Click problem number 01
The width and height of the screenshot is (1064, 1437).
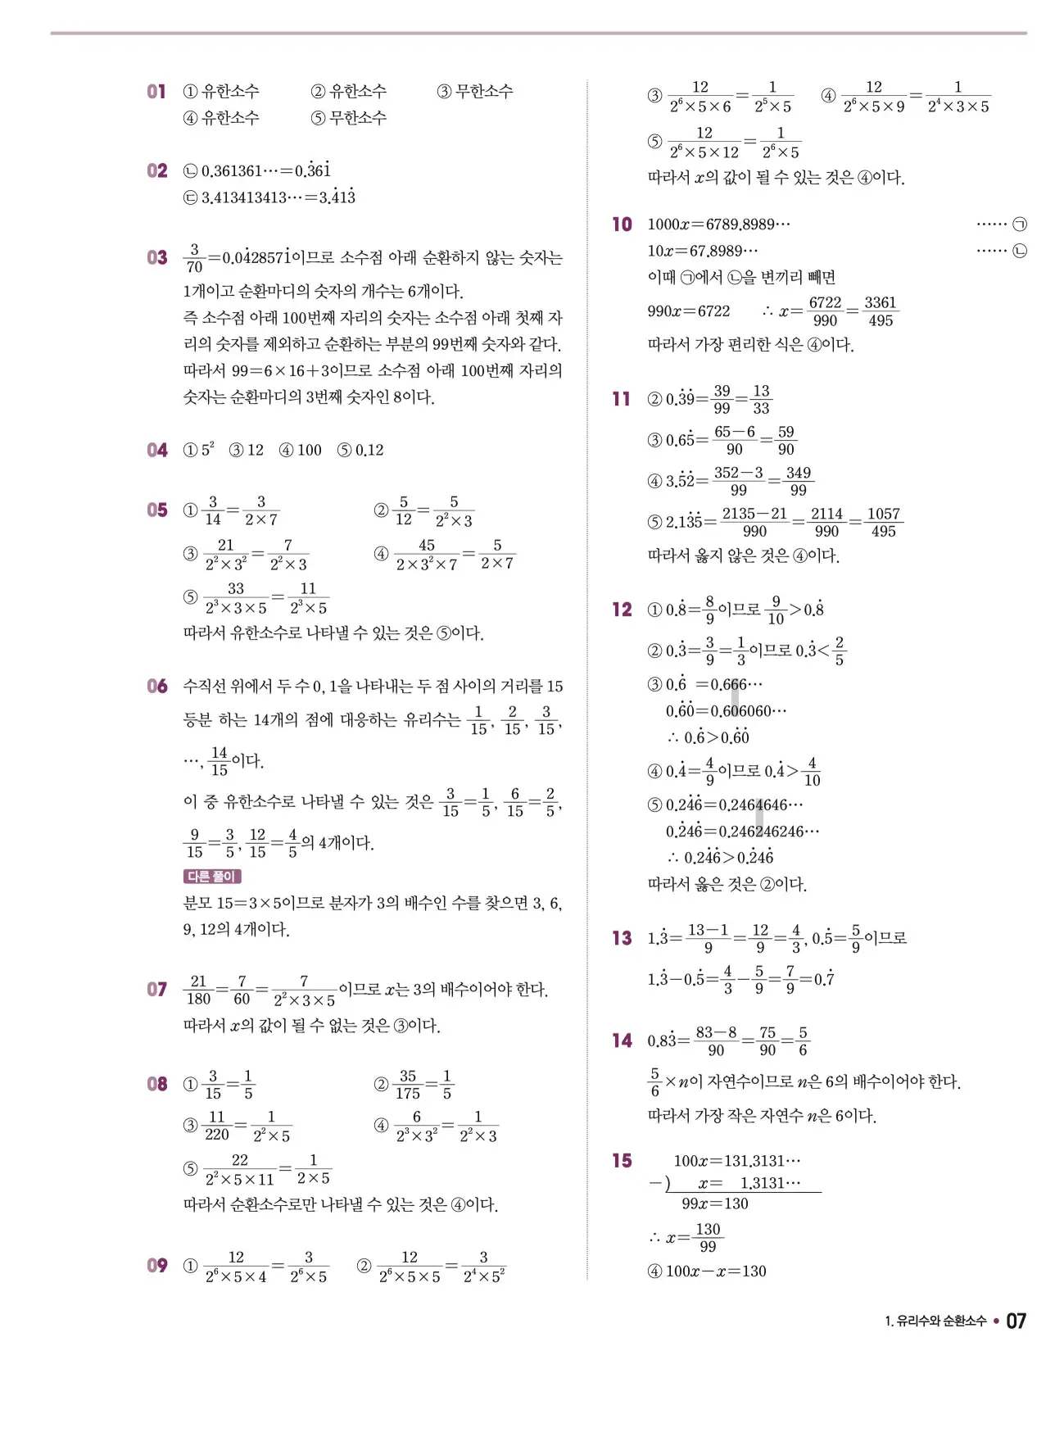click(x=156, y=92)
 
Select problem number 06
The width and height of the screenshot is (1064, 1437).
click(x=157, y=687)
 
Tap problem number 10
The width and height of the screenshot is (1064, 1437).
click(x=623, y=224)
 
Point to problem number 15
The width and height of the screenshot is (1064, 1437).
click(x=623, y=1161)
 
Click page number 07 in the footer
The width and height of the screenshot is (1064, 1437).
click(x=1016, y=1321)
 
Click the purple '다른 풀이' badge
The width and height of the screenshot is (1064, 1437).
click(x=211, y=877)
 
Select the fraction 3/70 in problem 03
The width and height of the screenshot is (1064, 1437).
click(x=194, y=258)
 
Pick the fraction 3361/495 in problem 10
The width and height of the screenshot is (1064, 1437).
click(x=880, y=311)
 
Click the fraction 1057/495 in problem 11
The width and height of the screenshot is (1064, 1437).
click(x=883, y=523)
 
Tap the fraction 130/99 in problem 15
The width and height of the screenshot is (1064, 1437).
click(x=708, y=1237)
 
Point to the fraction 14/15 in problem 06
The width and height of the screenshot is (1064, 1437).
click(x=219, y=761)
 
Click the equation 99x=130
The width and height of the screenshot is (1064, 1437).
click(x=714, y=1204)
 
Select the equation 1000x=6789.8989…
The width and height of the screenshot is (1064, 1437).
click(x=718, y=224)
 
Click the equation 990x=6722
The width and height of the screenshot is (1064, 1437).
click(x=688, y=311)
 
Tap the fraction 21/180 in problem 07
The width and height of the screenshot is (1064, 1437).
click(x=198, y=990)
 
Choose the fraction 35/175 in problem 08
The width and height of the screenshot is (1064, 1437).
click(x=408, y=1085)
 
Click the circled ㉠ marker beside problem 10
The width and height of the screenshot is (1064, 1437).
click(x=1020, y=224)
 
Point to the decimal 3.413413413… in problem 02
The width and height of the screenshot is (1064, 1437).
click(x=244, y=197)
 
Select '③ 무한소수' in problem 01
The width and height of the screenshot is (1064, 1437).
click(x=474, y=92)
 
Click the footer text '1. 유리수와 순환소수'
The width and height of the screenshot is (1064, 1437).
click(x=935, y=1321)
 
